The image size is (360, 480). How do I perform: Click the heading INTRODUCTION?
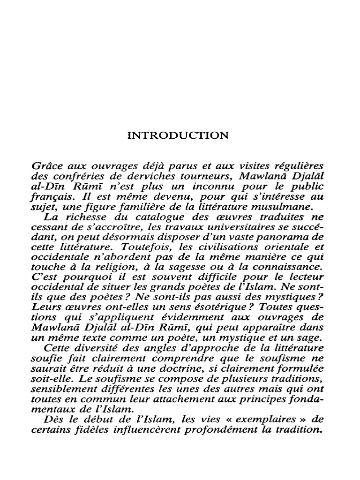click(x=179, y=136)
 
